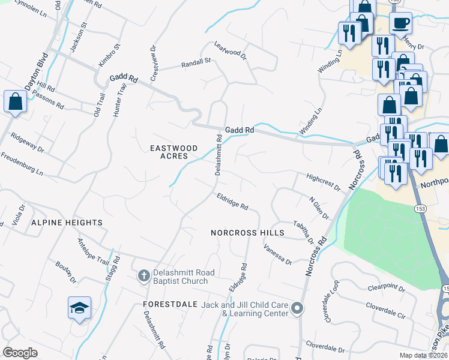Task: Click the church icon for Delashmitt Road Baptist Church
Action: tap(143, 276)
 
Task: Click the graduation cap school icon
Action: tap(79, 308)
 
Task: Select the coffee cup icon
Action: tap(400, 23)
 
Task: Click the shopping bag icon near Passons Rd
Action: tap(15, 101)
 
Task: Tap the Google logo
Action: tap(20, 352)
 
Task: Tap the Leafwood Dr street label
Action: tap(231, 50)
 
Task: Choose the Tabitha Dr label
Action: tap(303, 232)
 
